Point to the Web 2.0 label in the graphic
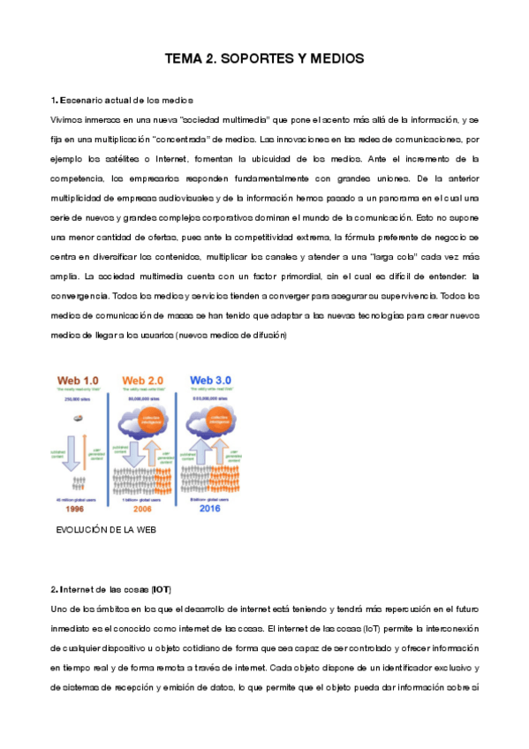click(x=147, y=380)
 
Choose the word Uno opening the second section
click(x=60, y=609)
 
